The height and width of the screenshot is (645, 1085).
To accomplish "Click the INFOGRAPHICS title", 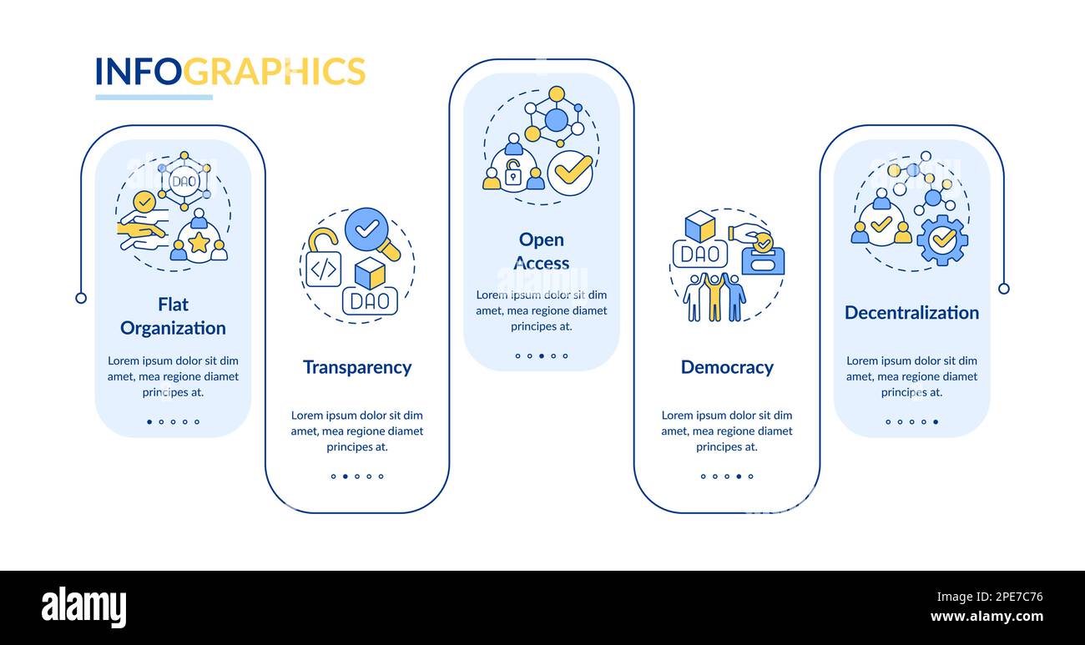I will (230, 72).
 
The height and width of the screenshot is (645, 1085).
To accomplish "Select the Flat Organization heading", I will (173, 316).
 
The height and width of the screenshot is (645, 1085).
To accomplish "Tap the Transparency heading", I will (357, 367).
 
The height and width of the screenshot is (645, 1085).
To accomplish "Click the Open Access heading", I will (541, 251).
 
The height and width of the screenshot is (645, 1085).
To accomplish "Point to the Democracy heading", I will (727, 367).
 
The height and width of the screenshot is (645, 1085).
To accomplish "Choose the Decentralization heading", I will (911, 312).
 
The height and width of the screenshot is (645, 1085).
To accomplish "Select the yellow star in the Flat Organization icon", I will (199, 243).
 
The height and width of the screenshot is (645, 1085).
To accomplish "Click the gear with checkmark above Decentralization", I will (942, 239).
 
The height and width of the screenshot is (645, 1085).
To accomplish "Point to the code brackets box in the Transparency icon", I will (323, 269).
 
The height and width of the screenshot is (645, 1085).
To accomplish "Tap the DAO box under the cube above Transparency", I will (370, 300).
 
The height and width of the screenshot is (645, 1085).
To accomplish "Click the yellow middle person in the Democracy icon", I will (714, 297).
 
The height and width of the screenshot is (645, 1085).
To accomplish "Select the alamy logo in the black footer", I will (83, 607).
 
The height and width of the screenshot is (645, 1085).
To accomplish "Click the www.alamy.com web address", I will (987, 617).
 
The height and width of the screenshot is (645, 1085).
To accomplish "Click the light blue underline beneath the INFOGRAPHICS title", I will (154, 98).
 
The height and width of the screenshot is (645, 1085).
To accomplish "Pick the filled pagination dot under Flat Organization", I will (149, 422).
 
